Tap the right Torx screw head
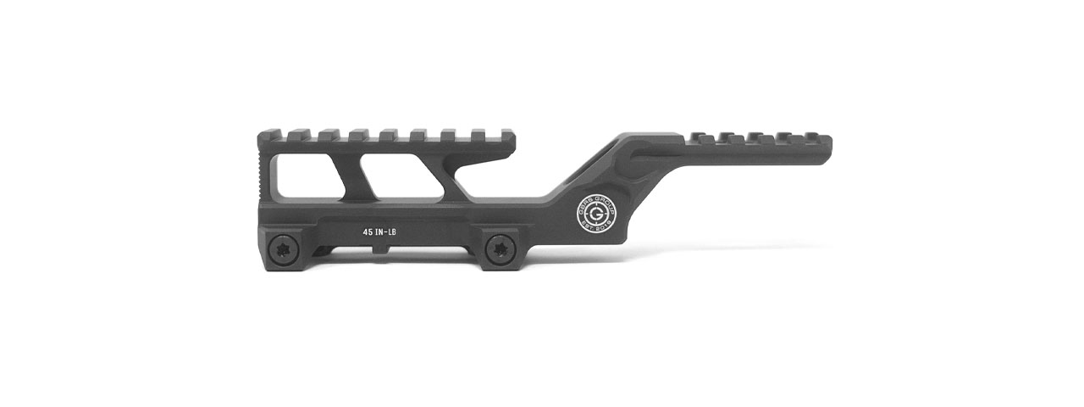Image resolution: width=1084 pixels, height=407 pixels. coord(499,247)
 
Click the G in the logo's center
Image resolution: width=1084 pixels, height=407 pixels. coord(589,208)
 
